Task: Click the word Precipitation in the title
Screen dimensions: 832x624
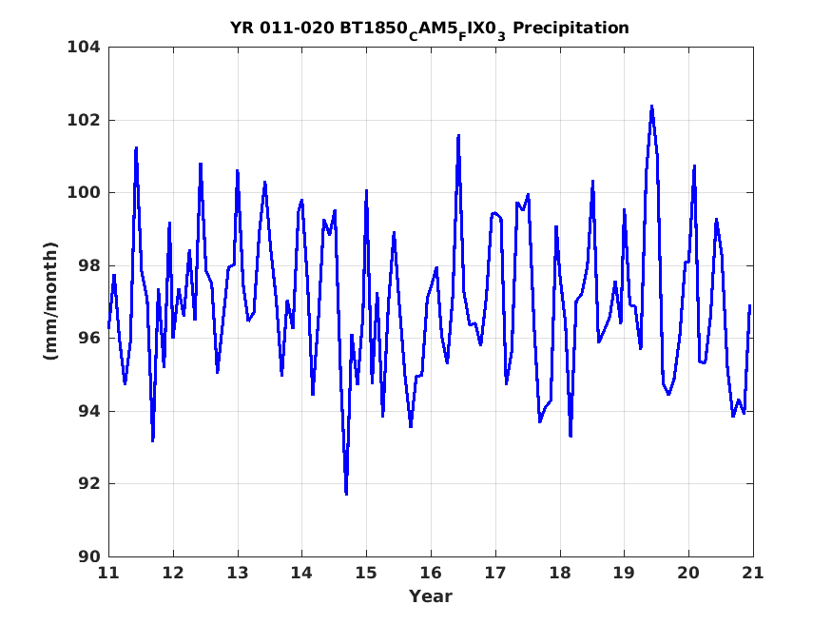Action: (x=571, y=29)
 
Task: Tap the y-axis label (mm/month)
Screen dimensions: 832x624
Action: (x=51, y=301)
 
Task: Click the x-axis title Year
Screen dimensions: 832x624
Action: (x=431, y=596)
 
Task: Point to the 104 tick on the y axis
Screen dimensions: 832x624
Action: (x=84, y=48)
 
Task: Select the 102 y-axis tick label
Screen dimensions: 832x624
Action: (x=84, y=120)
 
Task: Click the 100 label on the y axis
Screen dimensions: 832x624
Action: (x=84, y=192)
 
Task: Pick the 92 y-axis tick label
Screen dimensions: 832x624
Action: (x=88, y=484)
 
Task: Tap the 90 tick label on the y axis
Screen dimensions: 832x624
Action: (x=88, y=556)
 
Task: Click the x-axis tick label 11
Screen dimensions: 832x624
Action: (x=108, y=573)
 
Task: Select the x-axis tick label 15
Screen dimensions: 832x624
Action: (x=366, y=573)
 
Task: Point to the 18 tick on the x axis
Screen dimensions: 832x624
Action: (x=560, y=573)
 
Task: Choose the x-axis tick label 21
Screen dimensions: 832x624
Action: (x=753, y=573)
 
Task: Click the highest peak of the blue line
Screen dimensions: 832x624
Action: (x=651, y=107)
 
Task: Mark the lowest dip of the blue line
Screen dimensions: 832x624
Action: (x=346, y=494)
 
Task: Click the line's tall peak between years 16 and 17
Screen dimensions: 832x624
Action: (x=458, y=136)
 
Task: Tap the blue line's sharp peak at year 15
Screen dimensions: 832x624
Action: (x=366, y=191)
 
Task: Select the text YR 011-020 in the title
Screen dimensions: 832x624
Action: (x=281, y=29)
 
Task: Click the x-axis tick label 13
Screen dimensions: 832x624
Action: (x=237, y=573)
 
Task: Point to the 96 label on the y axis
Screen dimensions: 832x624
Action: (x=88, y=338)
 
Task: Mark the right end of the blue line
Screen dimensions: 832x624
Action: (x=750, y=305)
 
